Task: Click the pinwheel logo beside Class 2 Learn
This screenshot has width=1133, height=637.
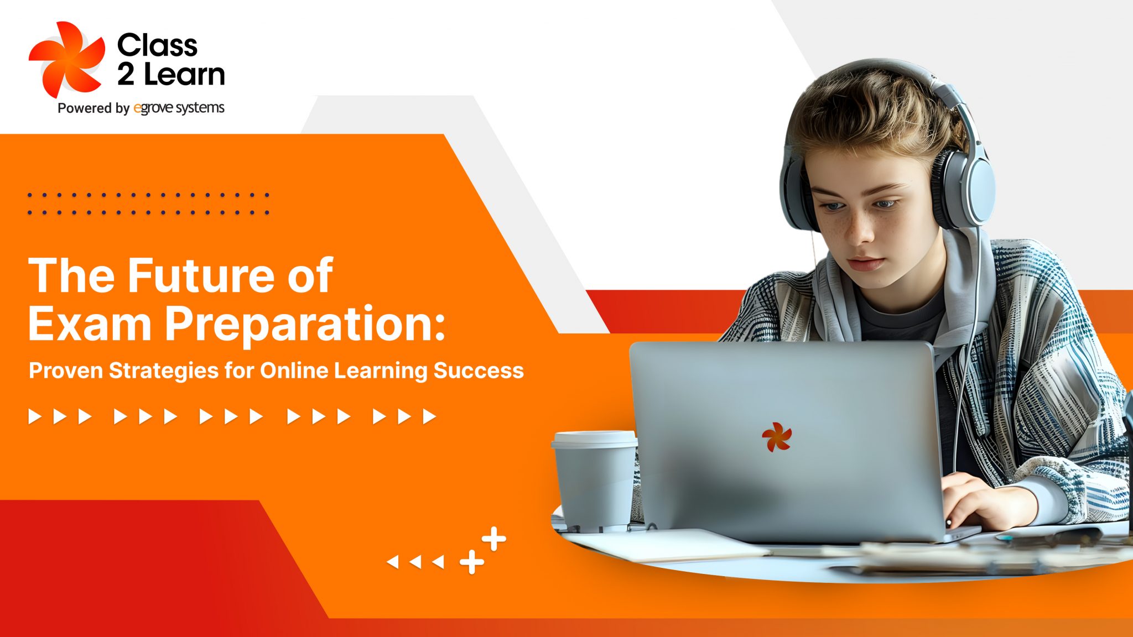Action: click(66, 60)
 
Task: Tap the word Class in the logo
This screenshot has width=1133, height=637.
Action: click(157, 45)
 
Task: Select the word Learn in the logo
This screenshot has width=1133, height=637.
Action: click(184, 75)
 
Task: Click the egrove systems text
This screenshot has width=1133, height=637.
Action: click(179, 108)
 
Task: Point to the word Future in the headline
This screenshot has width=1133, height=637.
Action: click(202, 275)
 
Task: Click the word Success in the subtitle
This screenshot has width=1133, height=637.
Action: click(479, 370)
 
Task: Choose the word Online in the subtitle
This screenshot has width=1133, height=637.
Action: click(294, 370)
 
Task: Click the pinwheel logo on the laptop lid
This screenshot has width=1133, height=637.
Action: click(777, 437)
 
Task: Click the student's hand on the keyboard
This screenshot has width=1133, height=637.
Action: click(990, 500)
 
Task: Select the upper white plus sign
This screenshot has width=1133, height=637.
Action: click(493, 539)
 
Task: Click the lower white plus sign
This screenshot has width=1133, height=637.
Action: click(472, 562)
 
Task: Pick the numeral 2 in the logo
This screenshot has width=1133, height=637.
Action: click(126, 75)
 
